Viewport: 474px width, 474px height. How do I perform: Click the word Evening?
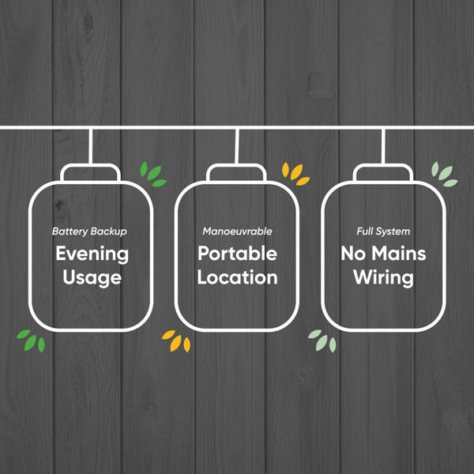pos(92,254)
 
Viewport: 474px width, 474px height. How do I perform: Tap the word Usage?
pos(92,278)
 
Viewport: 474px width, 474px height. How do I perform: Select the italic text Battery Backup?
pos(89,231)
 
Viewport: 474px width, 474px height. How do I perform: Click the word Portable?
pos(237,254)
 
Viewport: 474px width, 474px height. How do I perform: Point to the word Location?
pos(237,277)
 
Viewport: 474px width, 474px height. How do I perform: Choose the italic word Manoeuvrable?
pos(237,231)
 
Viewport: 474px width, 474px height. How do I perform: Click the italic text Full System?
pos(383,231)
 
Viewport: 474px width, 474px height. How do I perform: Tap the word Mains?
pos(399,254)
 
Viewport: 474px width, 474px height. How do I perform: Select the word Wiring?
pos(383,278)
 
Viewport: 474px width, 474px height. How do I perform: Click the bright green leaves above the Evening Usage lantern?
pos(152,175)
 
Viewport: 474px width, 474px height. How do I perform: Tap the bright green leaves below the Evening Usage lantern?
pos(32,341)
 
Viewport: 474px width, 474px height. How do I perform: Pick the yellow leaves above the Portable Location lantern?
pos(295,174)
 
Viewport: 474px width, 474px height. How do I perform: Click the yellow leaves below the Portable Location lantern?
pos(176,341)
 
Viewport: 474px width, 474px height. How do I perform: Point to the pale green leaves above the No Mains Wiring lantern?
pos(444,175)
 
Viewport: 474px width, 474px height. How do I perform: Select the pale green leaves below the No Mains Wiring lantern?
pos(322,341)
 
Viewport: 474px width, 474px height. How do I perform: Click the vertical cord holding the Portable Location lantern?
pos(237,147)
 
